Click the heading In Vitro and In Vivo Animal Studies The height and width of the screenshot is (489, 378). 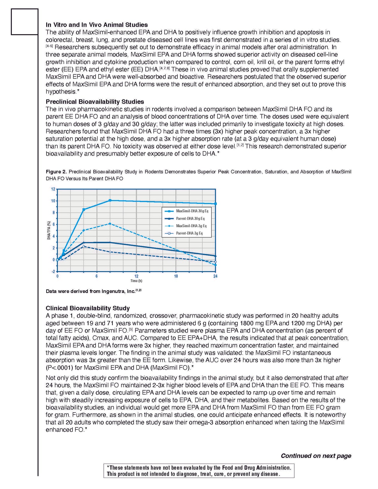pyautogui.click(x=97, y=25)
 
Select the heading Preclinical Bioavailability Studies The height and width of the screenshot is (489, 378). pyautogui.click(x=95, y=102)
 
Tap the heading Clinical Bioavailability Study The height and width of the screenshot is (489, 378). pyautogui.click(x=88, y=308)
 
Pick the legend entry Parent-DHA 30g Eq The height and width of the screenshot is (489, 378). pyautogui.click(x=190, y=218)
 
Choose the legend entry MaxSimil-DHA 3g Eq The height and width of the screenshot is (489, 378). pyautogui.click(x=191, y=226)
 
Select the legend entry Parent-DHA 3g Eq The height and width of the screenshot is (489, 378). pyautogui.click(x=189, y=233)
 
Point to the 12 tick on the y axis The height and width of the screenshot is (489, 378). pyautogui.click(x=53, y=189)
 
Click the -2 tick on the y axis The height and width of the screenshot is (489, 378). pyautogui.click(x=53, y=271)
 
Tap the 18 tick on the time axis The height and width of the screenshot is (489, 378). pyautogui.click(x=176, y=276)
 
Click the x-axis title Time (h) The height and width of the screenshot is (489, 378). pyautogui.click(x=136, y=281)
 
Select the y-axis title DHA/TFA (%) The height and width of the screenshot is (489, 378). pyautogui.click(x=49, y=230)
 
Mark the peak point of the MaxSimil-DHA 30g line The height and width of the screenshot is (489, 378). pyautogui.click(x=110, y=200)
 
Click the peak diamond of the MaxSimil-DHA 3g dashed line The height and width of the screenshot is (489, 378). pyautogui.click(x=110, y=224)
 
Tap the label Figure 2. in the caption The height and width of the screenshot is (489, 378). pyautogui.click(x=56, y=172)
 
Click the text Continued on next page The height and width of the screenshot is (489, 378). pyautogui.click(x=316, y=456)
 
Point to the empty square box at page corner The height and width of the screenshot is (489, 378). pyautogui.click(x=25, y=22)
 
